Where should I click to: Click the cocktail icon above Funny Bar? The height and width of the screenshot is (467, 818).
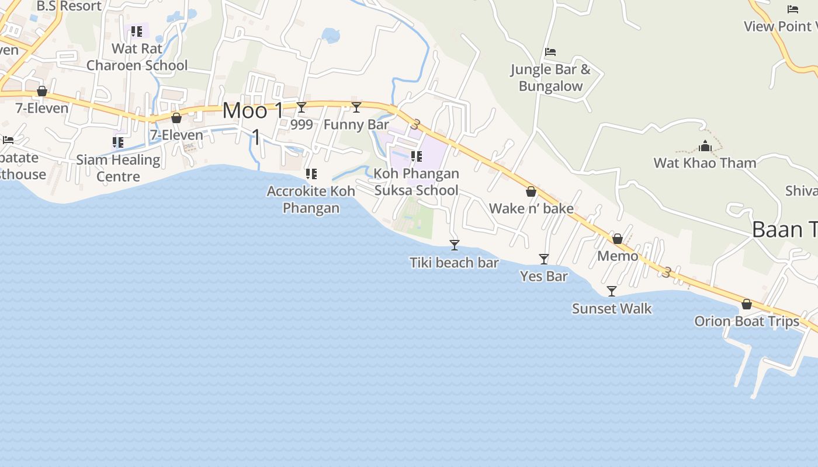click(356, 107)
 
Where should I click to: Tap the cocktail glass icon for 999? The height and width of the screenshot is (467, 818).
click(301, 107)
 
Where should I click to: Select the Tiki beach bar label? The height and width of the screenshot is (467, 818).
click(454, 263)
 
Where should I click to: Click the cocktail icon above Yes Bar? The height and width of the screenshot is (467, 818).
click(544, 259)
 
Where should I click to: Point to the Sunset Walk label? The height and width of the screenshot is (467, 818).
click(612, 309)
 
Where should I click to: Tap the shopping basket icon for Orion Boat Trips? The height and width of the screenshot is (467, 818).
click(746, 304)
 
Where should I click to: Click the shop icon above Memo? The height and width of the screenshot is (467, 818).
click(618, 239)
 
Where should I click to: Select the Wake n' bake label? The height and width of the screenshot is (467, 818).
click(531, 208)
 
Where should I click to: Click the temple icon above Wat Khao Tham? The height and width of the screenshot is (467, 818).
click(705, 146)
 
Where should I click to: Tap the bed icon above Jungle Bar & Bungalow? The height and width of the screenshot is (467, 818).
click(550, 52)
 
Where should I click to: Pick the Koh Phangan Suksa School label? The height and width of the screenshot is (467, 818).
click(416, 182)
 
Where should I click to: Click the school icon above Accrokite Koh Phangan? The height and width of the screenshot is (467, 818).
click(311, 174)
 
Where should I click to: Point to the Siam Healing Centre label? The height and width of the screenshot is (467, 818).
click(118, 168)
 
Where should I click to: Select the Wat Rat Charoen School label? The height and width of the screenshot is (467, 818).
click(137, 57)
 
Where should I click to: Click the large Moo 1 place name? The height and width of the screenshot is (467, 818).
click(254, 111)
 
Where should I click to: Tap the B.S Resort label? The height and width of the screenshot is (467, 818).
click(69, 6)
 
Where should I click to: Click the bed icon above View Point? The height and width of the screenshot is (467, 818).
click(793, 9)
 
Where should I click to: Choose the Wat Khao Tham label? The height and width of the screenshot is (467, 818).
click(705, 163)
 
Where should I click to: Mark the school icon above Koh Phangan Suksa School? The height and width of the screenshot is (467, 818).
click(416, 156)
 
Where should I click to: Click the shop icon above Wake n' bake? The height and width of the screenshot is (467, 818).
click(531, 191)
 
